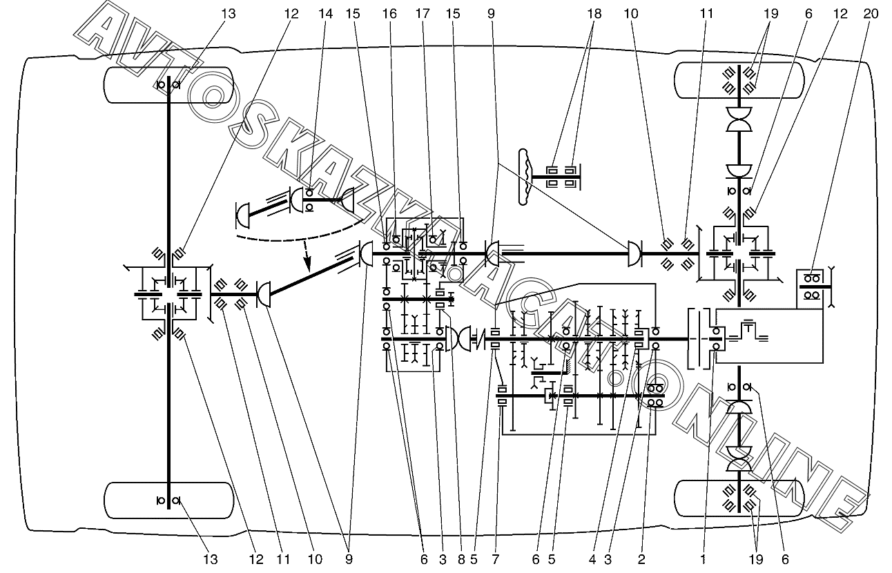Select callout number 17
coord(423,13)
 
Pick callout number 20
coord(871,13)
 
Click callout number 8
coord(461,560)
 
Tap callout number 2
coord(641,560)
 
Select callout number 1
coord(703,560)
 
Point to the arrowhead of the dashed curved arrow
coord(308,266)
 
